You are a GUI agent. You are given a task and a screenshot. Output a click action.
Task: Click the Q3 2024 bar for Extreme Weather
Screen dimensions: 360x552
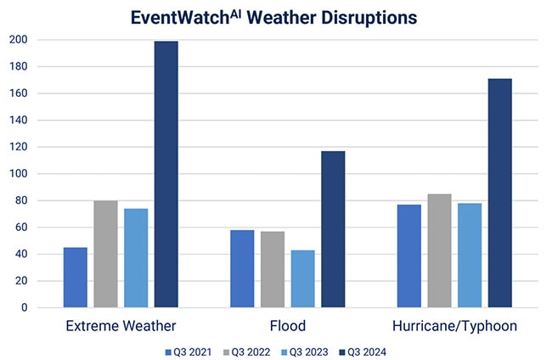[x=166, y=174]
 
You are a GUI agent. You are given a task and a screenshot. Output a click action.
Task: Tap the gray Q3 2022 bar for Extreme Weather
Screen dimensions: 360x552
[x=105, y=254]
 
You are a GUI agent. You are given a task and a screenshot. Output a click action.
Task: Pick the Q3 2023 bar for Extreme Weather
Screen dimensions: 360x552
[x=136, y=258]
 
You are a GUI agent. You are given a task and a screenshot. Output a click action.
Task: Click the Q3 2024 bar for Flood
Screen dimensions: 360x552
[x=333, y=229]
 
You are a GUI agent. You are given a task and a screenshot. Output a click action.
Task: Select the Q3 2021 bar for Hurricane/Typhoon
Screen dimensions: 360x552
[x=409, y=256]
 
